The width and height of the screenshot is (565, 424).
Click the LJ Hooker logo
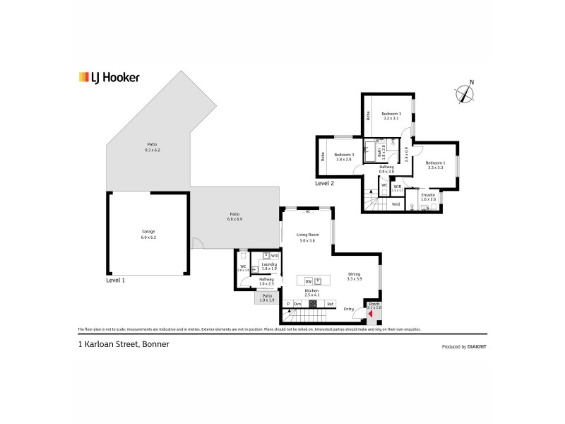(x=108, y=78)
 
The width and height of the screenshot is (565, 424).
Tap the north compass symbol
(x=464, y=93)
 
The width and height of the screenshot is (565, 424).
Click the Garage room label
(x=148, y=232)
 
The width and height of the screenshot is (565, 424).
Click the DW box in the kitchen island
(x=309, y=281)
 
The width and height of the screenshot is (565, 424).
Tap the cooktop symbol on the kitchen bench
(x=312, y=304)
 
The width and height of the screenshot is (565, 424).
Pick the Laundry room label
(x=269, y=264)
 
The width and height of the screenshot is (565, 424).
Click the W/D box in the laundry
(x=275, y=255)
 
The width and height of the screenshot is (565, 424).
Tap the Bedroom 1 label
(x=434, y=163)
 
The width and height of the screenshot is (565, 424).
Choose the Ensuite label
(x=428, y=194)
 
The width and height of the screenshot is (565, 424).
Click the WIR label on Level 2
(x=398, y=187)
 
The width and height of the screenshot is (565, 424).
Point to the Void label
(x=395, y=204)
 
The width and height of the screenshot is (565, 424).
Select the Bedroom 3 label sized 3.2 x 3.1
(x=391, y=114)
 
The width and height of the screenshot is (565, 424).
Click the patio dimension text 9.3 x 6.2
(x=153, y=151)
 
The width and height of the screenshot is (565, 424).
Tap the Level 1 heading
(x=115, y=281)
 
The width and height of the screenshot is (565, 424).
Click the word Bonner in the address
(x=155, y=345)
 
